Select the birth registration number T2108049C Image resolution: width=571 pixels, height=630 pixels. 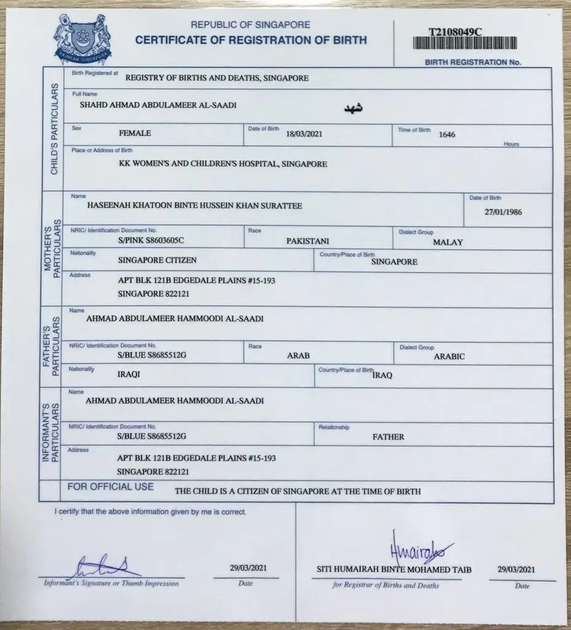(x=456, y=30)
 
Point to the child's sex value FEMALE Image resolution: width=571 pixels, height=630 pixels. (x=134, y=132)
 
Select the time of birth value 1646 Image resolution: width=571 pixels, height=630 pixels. (x=447, y=134)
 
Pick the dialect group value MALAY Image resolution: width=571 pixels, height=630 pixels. (x=448, y=242)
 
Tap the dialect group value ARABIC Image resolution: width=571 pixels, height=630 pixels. (x=449, y=356)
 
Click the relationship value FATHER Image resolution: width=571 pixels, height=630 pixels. (x=388, y=437)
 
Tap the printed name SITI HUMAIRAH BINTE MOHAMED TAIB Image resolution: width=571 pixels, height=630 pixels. (x=394, y=570)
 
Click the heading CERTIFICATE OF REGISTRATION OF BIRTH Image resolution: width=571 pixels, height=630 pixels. (x=251, y=41)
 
